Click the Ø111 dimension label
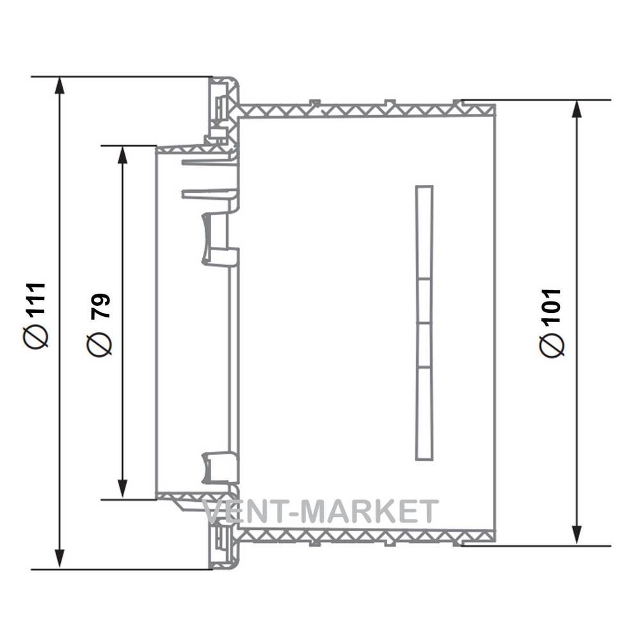click(x=36, y=315)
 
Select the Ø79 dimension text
click(x=99, y=324)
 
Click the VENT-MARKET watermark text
click(x=321, y=511)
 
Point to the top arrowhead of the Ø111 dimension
click(x=60, y=86)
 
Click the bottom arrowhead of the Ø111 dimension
click(x=60, y=559)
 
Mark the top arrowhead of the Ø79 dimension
click(x=122, y=155)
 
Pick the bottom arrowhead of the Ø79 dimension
click(x=122, y=490)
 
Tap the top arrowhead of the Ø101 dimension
click(x=577, y=109)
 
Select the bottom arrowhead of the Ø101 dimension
click(x=577, y=536)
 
